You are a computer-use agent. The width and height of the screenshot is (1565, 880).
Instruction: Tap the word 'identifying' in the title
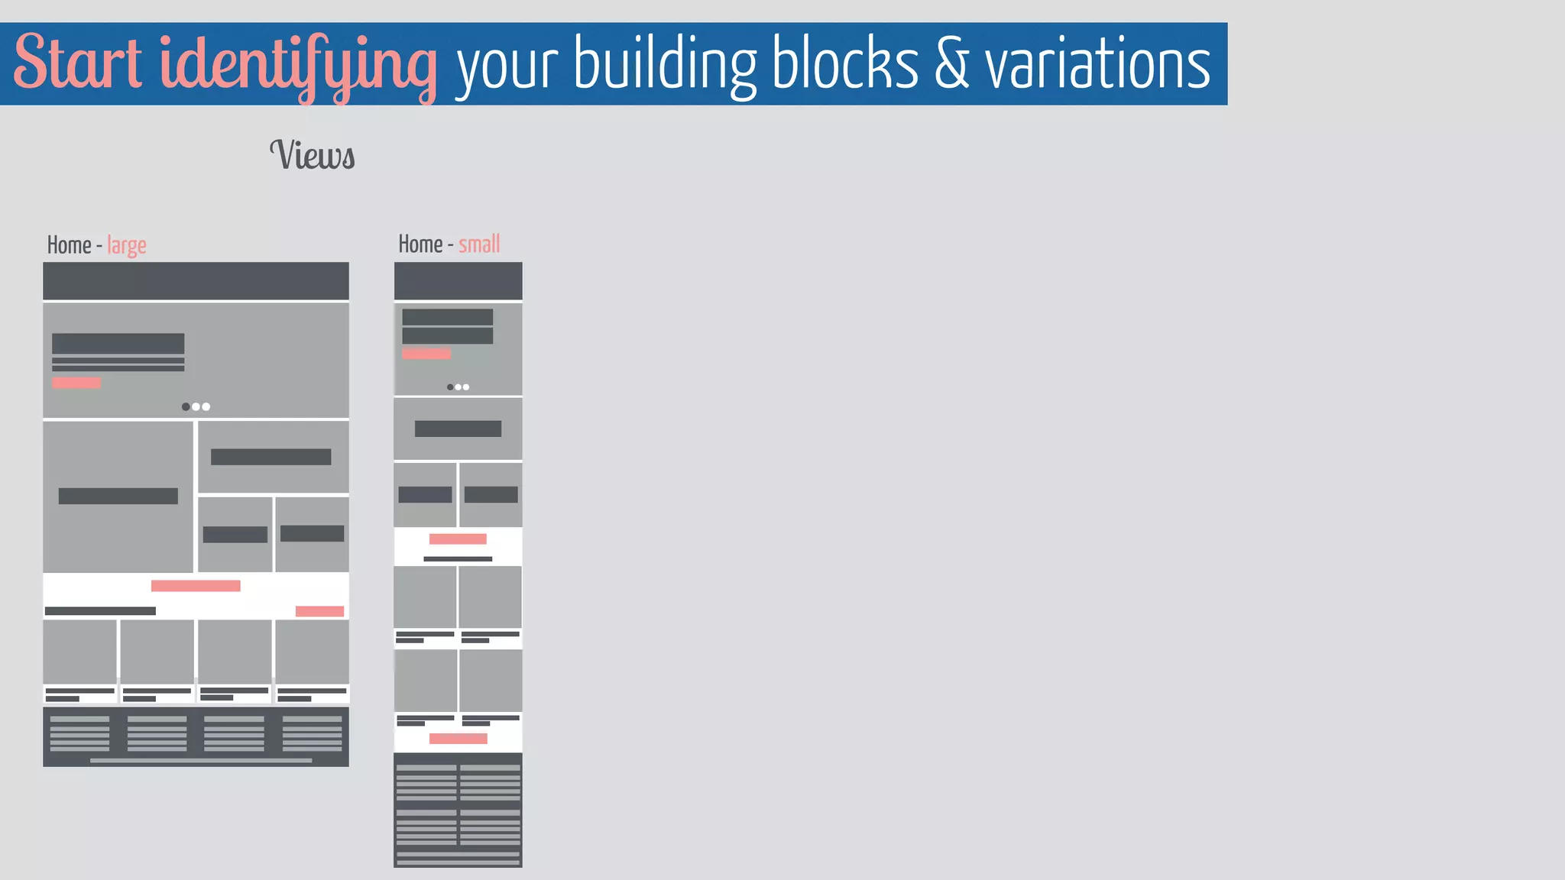pyautogui.click(x=298, y=65)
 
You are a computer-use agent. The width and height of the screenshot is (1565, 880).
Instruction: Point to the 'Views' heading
pyautogui.click(x=313, y=155)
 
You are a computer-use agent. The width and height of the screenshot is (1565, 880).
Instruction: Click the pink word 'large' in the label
pyautogui.click(x=127, y=245)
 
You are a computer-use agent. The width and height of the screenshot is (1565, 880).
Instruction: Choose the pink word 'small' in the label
pyautogui.click(x=479, y=244)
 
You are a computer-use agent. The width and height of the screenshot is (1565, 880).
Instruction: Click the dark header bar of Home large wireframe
pyautogui.click(x=196, y=281)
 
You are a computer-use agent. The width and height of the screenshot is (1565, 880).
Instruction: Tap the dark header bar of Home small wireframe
pyautogui.click(x=458, y=280)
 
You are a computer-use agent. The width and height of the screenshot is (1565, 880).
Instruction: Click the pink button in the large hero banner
pyautogui.click(x=76, y=383)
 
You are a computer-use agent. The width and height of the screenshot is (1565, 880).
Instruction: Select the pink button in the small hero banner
pyautogui.click(x=426, y=354)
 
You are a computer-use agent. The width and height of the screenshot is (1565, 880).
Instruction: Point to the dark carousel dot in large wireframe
pyautogui.click(x=186, y=406)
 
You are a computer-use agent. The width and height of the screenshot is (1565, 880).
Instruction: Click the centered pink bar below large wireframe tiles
pyautogui.click(x=196, y=586)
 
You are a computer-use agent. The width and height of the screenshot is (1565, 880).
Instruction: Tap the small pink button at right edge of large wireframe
pyautogui.click(x=319, y=611)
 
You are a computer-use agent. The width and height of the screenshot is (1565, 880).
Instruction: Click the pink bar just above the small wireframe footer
pyautogui.click(x=458, y=739)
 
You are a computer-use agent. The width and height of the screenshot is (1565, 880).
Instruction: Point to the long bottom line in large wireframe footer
pyautogui.click(x=201, y=761)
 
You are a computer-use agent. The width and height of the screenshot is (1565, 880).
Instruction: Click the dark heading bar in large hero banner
pyautogui.click(x=118, y=343)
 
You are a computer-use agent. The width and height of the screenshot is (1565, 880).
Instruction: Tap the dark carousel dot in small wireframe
pyautogui.click(x=450, y=387)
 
